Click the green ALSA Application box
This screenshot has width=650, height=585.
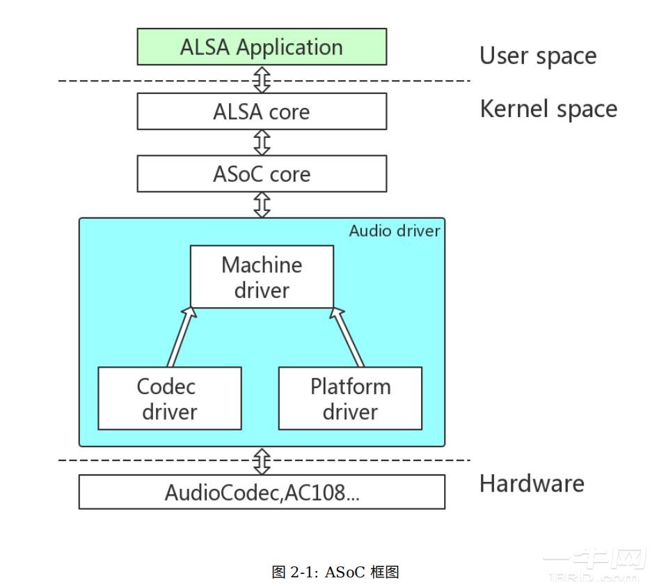(x=261, y=47)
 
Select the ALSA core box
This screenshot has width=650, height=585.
(x=261, y=111)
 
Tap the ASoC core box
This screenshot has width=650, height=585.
(x=261, y=173)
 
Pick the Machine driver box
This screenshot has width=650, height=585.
(x=262, y=276)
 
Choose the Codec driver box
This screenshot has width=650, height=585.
(x=169, y=398)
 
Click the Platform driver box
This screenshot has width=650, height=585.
(x=350, y=398)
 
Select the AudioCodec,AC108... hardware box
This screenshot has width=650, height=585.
(x=261, y=492)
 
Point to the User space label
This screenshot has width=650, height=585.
(x=537, y=56)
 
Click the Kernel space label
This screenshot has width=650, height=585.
(x=548, y=109)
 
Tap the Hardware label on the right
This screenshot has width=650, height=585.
(x=532, y=483)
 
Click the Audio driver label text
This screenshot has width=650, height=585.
(x=394, y=231)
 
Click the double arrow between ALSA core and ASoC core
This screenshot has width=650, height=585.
(x=262, y=142)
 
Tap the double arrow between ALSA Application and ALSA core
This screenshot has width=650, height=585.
(x=262, y=79)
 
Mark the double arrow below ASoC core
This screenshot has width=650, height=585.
(x=262, y=205)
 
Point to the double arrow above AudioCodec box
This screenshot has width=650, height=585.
(x=262, y=460)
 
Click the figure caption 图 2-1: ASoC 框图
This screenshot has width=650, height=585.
(x=335, y=572)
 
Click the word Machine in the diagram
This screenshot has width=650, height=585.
(x=262, y=265)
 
